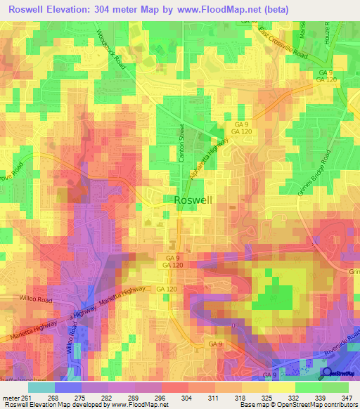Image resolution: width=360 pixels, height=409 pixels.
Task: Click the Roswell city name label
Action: [x=193, y=200]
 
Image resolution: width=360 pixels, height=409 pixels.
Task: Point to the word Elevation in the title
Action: [x=82, y=8]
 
